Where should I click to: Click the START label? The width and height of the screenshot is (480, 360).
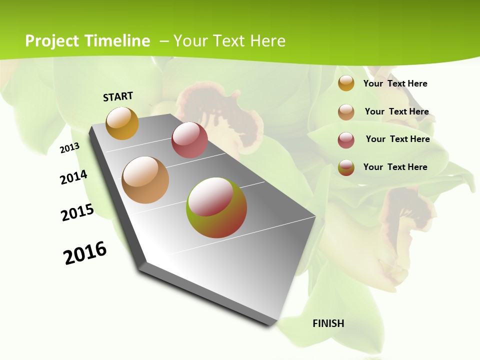tap(118, 96)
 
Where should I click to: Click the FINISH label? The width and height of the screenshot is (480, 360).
tap(328, 323)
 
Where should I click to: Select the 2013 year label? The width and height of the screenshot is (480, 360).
tap(69, 148)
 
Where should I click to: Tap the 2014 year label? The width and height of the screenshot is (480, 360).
tap(73, 177)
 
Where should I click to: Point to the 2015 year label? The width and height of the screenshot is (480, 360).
tap(77, 212)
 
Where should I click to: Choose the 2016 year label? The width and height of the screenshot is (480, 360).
tap(85, 253)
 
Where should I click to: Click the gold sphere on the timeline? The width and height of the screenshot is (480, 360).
tap(122, 123)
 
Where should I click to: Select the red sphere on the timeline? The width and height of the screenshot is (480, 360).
tap(189, 140)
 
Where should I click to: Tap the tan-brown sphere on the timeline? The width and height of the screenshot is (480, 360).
tap(145, 180)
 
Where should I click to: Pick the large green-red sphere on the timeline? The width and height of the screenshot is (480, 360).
tap(216, 207)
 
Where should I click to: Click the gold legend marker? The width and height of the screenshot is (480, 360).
tap(346, 83)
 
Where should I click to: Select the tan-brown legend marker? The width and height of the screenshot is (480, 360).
tap(346, 112)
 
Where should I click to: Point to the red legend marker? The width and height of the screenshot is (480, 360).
tap(346, 140)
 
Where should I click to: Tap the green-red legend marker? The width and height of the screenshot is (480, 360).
tap(346, 167)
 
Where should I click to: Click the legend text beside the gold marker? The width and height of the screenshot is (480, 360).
tap(395, 84)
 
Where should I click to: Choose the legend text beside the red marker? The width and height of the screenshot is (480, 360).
tap(397, 139)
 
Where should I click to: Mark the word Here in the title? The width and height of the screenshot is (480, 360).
tap(267, 41)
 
